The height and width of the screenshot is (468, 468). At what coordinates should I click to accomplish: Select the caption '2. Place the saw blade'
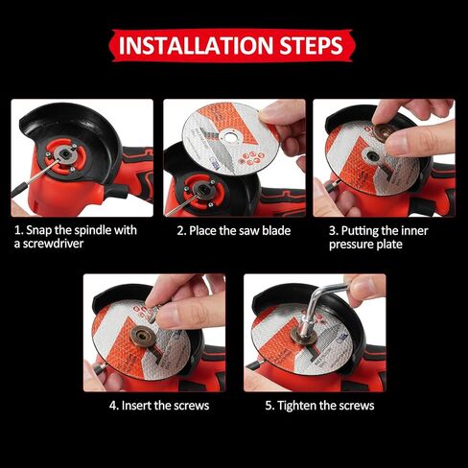point(233,230)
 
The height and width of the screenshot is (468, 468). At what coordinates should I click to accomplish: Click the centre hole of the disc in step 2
point(229,135)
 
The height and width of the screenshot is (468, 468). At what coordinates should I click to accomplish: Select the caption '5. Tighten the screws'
point(319,406)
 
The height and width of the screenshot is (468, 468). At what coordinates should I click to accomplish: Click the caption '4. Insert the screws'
point(158,406)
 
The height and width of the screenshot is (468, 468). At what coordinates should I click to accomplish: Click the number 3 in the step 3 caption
point(333,230)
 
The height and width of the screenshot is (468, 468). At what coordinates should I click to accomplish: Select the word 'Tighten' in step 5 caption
point(299,406)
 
